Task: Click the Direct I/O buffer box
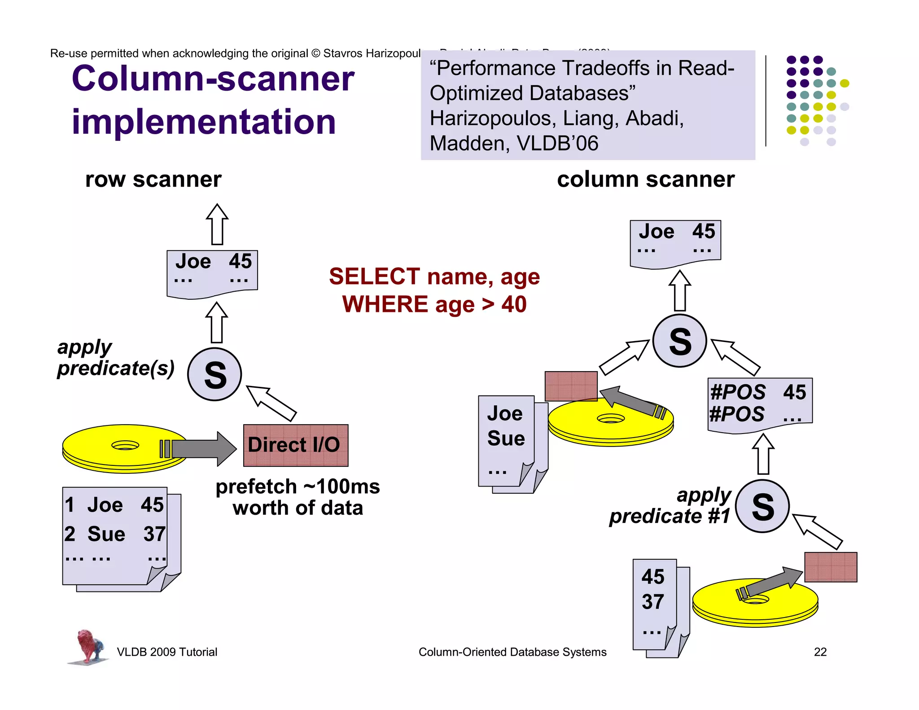pos(295,445)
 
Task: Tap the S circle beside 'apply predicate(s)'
pos(214,374)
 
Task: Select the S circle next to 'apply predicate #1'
pos(762,506)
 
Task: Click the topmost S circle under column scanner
pos(679,341)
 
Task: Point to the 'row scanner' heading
pos(153,180)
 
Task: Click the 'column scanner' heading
pos(645,180)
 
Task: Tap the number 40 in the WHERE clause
pos(514,305)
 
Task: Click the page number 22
pos(820,652)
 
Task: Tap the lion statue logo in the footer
pos(89,646)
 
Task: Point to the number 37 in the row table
pos(154,534)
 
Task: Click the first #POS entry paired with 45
pos(738,392)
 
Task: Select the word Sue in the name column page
pos(506,438)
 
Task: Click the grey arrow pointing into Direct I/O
pos(202,448)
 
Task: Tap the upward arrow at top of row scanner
pos(217,224)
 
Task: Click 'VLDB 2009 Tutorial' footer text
pos(167,652)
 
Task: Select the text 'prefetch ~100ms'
pos(298,487)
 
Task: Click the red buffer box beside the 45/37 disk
pos(830,567)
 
